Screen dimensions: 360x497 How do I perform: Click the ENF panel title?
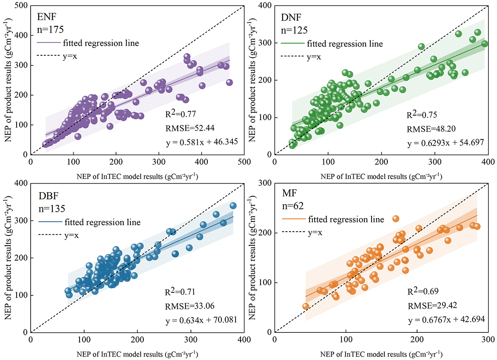point(45,18)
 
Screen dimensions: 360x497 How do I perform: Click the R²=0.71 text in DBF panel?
point(179,292)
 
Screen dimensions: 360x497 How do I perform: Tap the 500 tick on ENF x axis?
point(244,162)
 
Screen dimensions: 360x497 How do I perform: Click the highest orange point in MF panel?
point(396,218)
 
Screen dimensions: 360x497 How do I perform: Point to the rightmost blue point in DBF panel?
point(233,206)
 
